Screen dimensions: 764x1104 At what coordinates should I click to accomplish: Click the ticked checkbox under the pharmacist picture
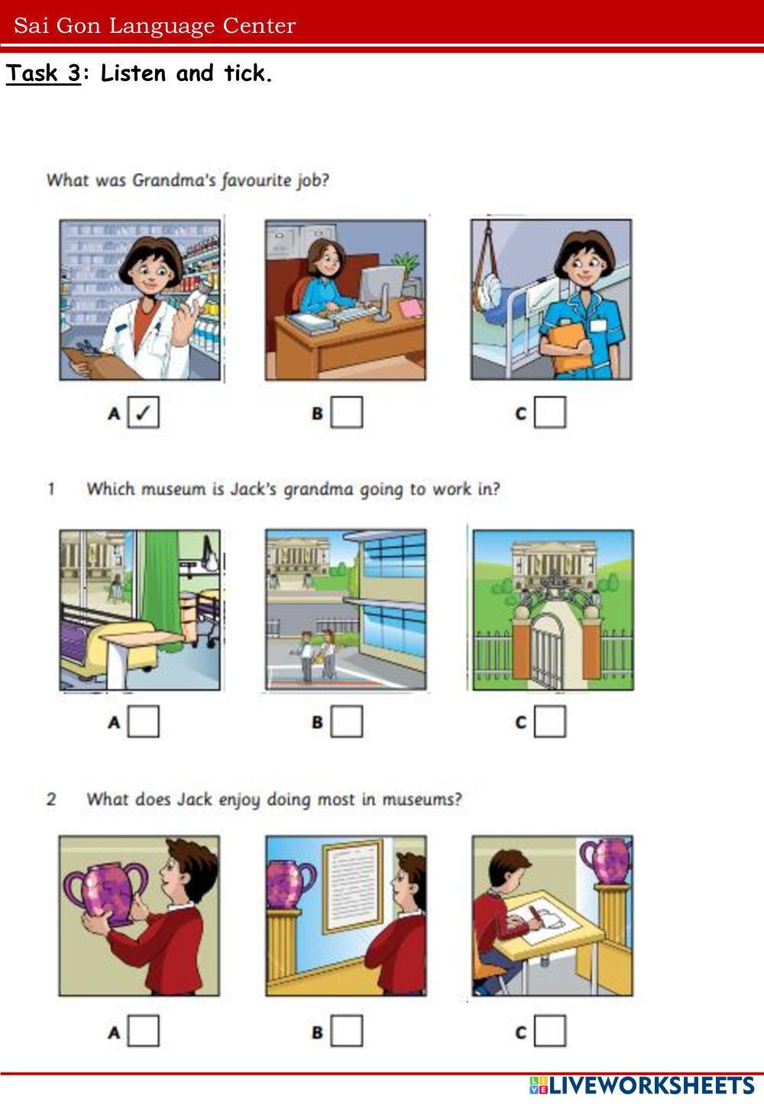[144, 412]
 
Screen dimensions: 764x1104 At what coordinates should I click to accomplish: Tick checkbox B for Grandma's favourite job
[347, 412]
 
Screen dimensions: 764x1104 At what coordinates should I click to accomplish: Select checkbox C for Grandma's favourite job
[550, 412]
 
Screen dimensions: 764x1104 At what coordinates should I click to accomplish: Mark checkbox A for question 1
[144, 721]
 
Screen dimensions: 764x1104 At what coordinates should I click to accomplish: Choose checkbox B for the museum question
[347, 721]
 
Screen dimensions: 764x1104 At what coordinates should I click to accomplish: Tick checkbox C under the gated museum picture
[550, 721]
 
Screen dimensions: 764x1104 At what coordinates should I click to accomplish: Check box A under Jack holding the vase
[144, 1031]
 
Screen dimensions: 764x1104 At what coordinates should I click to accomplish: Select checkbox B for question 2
[347, 1031]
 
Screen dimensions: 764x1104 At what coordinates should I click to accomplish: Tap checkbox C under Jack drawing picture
[550, 1031]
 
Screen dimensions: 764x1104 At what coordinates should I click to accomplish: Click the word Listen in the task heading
[133, 73]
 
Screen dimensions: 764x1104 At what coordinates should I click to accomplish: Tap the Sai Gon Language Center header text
[154, 26]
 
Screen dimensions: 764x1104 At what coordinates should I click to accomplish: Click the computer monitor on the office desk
[381, 291]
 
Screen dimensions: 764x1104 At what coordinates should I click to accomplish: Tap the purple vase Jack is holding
[106, 891]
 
